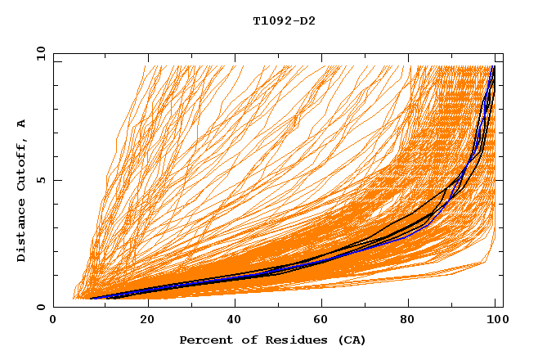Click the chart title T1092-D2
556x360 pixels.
click(284, 20)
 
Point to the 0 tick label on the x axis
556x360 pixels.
click(53, 321)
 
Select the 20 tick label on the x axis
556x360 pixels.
click(147, 321)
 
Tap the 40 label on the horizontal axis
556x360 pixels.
click(235, 321)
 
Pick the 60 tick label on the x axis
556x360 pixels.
click(325, 321)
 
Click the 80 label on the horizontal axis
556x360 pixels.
click(413, 321)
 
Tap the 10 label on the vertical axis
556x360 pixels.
click(38, 53)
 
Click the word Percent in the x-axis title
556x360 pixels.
click(202, 340)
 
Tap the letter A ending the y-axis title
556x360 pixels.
click(21, 124)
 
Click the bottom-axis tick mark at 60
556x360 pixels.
click(325, 304)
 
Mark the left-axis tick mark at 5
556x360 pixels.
click(56, 180)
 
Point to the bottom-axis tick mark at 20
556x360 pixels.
click(147, 304)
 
